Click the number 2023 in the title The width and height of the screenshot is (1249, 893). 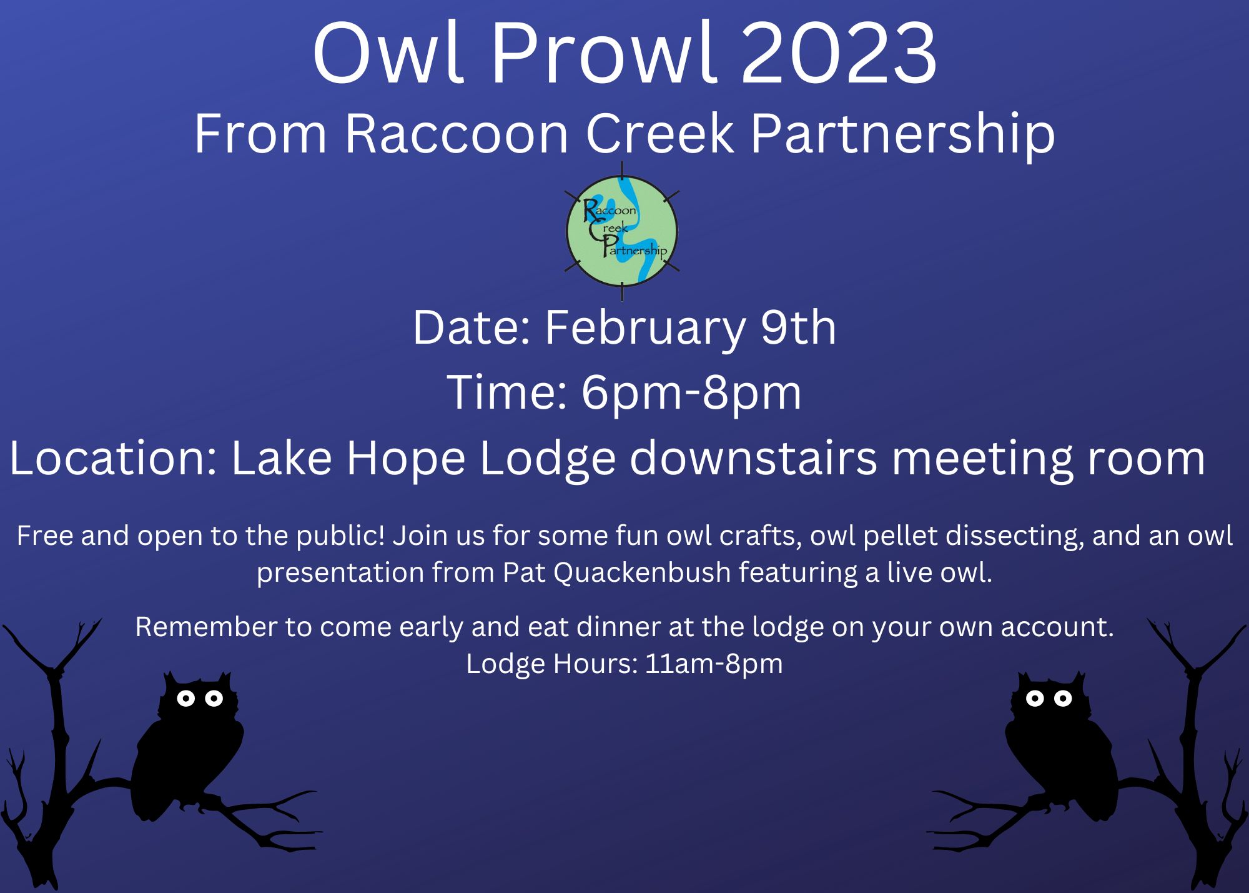pos(839,54)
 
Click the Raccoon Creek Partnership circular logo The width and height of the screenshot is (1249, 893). pos(622,231)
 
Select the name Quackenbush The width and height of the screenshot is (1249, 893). pos(642,573)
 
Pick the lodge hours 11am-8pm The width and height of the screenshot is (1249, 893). pos(714,663)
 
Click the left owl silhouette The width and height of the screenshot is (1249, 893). pos(187,747)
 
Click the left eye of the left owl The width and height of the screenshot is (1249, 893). pos(185,698)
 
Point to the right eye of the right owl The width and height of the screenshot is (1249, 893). pos(1063,698)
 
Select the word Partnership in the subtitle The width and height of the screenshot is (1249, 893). pos(902,134)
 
